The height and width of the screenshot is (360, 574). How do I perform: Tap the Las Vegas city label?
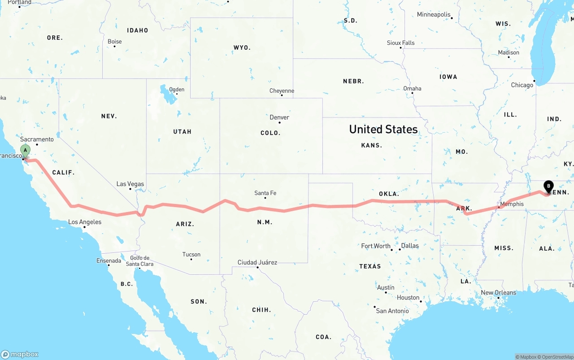(x=130, y=184)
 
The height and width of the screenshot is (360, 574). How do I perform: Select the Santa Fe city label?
(x=265, y=193)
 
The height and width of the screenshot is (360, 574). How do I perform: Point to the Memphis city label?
(x=512, y=204)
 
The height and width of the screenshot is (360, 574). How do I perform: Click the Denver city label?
(x=279, y=117)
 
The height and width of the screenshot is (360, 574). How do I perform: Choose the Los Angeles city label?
(x=85, y=222)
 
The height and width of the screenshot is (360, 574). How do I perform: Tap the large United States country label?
(x=383, y=130)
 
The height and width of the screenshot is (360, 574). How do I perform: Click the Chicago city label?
(x=522, y=85)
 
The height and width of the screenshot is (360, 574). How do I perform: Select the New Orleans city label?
(x=498, y=293)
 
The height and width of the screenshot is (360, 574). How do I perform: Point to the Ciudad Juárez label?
(x=257, y=262)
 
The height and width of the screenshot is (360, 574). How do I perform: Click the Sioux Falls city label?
(x=401, y=43)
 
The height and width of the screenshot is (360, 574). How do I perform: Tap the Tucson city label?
(x=191, y=255)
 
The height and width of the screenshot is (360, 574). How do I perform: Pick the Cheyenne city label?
(x=282, y=91)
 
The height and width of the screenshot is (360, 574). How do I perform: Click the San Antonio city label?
(x=392, y=311)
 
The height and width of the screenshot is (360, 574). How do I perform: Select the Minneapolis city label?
(x=434, y=15)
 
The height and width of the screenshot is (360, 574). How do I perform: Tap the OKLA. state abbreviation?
(x=389, y=194)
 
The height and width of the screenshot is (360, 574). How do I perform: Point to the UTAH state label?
(x=182, y=131)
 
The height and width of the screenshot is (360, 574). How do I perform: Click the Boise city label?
(x=115, y=42)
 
